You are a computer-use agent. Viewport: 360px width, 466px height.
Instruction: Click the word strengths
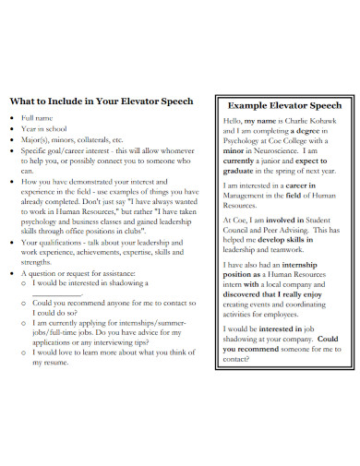(x=36, y=262)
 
